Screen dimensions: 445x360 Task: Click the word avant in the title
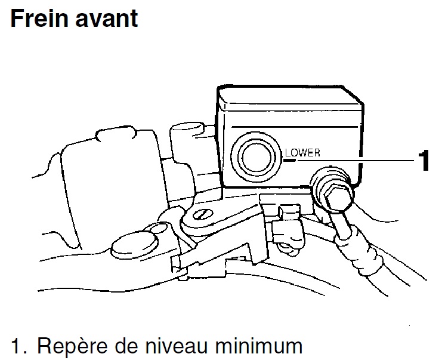point(107,19)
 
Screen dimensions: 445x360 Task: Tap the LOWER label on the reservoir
point(302,153)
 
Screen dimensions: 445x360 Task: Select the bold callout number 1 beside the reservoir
point(424,161)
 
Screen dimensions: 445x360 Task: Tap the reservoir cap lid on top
point(290,97)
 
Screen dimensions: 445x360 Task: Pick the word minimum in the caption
point(258,346)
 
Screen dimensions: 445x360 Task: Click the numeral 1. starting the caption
point(19,346)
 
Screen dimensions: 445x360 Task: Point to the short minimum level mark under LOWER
point(289,161)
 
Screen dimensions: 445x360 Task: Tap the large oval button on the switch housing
point(135,244)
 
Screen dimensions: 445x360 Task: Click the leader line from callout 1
point(355,161)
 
